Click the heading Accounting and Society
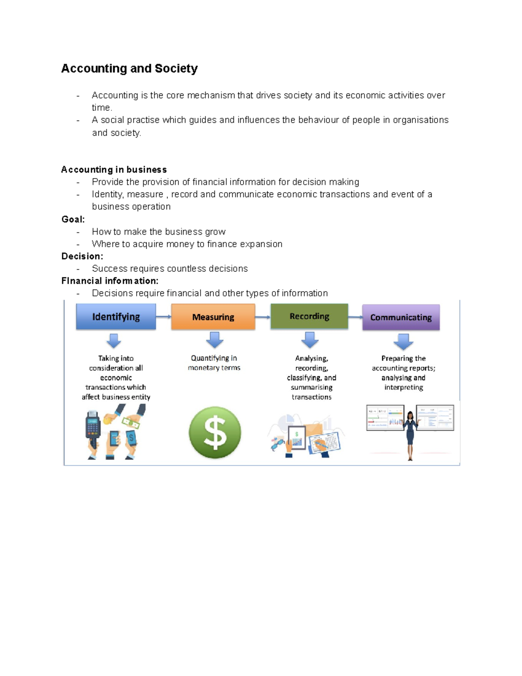pos(129,68)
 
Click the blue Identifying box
pos(116,316)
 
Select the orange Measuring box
pos(213,317)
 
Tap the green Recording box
pos(309,316)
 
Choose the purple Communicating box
pos(401,317)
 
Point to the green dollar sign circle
pos(215,432)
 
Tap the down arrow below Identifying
pos(114,340)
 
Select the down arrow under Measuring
pos(214,340)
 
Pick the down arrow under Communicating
pos(403,342)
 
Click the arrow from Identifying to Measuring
pos(164,316)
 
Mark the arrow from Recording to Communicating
pos(355,317)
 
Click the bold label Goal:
pos(73,219)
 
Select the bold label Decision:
pos(82,256)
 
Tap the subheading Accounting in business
pos(114,169)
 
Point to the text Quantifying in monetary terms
pos(214,363)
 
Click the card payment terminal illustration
pos(93,430)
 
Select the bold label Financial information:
pos(110,281)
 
